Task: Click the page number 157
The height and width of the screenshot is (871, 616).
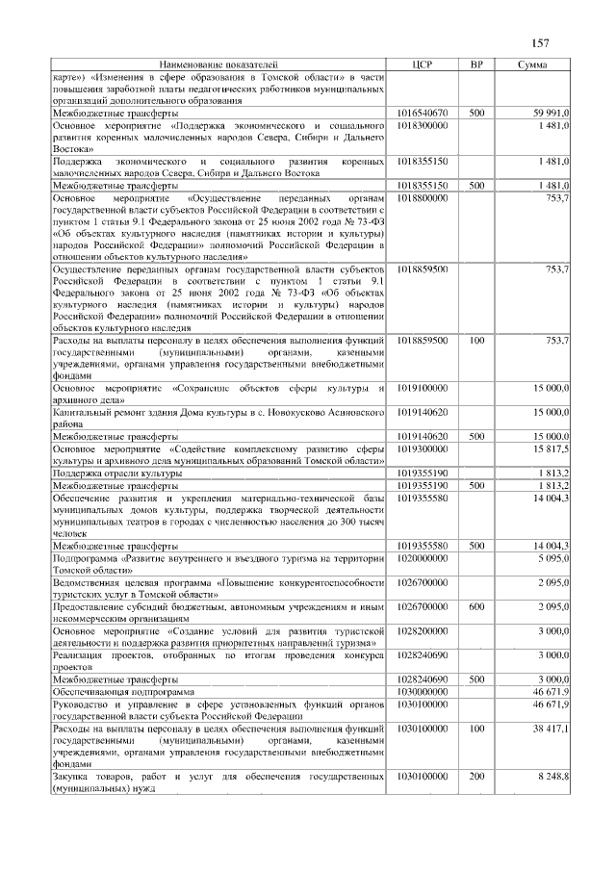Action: [540, 43]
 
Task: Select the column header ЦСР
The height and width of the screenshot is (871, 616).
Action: [422, 64]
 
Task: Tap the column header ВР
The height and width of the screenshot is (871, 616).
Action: [475, 64]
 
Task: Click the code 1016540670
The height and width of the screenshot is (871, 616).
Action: [422, 113]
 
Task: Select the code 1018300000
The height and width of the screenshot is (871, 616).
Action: [422, 125]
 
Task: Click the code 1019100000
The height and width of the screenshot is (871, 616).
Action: [422, 387]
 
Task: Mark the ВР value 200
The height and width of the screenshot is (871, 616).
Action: [475, 775]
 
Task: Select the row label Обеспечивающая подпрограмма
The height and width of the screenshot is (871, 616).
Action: [124, 692]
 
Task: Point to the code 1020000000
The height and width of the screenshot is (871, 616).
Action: [422, 558]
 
